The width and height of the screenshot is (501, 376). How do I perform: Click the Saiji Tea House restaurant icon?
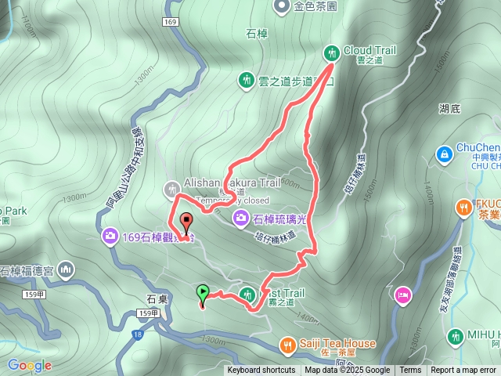point(288,344)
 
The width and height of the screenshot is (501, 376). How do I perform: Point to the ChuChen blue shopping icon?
point(444,154)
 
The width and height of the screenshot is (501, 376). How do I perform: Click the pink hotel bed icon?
point(403,295)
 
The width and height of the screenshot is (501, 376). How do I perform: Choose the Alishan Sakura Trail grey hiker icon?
point(171,189)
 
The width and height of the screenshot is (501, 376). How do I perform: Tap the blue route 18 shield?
point(138,334)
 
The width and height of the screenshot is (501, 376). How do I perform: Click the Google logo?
point(29,365)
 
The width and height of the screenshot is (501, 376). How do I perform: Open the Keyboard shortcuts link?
point(261,371)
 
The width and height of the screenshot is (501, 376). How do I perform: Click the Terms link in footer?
point(410,371)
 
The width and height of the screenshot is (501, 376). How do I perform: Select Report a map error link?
point(463,371)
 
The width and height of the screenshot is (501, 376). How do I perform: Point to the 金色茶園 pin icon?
point(280,7)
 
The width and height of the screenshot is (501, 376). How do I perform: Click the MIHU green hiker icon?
point(454,337)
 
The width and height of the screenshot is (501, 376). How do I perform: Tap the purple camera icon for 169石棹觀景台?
point(110,236)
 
